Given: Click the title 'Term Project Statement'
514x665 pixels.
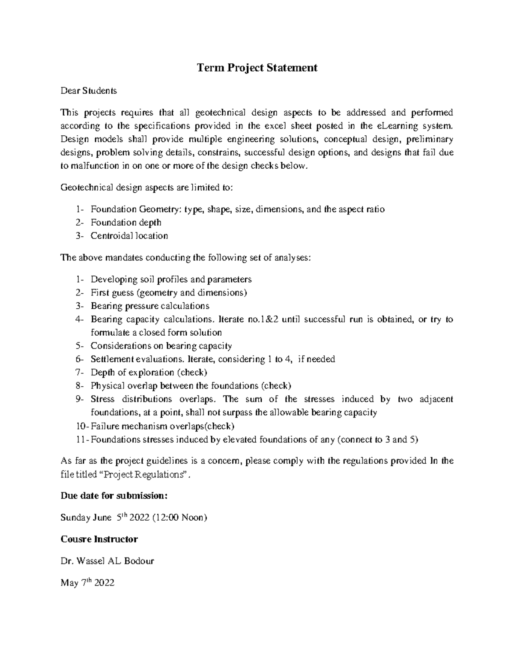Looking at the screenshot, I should click(x=257, y=68).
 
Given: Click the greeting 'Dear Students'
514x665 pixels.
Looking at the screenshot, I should click(x=88, y=91).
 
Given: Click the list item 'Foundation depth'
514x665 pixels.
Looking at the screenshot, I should click(x=126, y=223).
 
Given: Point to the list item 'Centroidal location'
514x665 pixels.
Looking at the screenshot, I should click(x=129, y=236).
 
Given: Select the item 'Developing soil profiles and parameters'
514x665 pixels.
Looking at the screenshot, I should click(x=171, y=280).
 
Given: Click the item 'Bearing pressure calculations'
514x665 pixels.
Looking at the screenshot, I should click(x=150, y=306).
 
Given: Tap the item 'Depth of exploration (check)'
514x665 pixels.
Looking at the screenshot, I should click(x=149, y=373).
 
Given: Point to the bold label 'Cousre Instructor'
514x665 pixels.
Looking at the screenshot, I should click(x=99, y=539).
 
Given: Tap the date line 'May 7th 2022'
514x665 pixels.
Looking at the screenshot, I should click(x=87, y=583).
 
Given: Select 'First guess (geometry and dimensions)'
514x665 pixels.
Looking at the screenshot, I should click(x=169, y=293).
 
